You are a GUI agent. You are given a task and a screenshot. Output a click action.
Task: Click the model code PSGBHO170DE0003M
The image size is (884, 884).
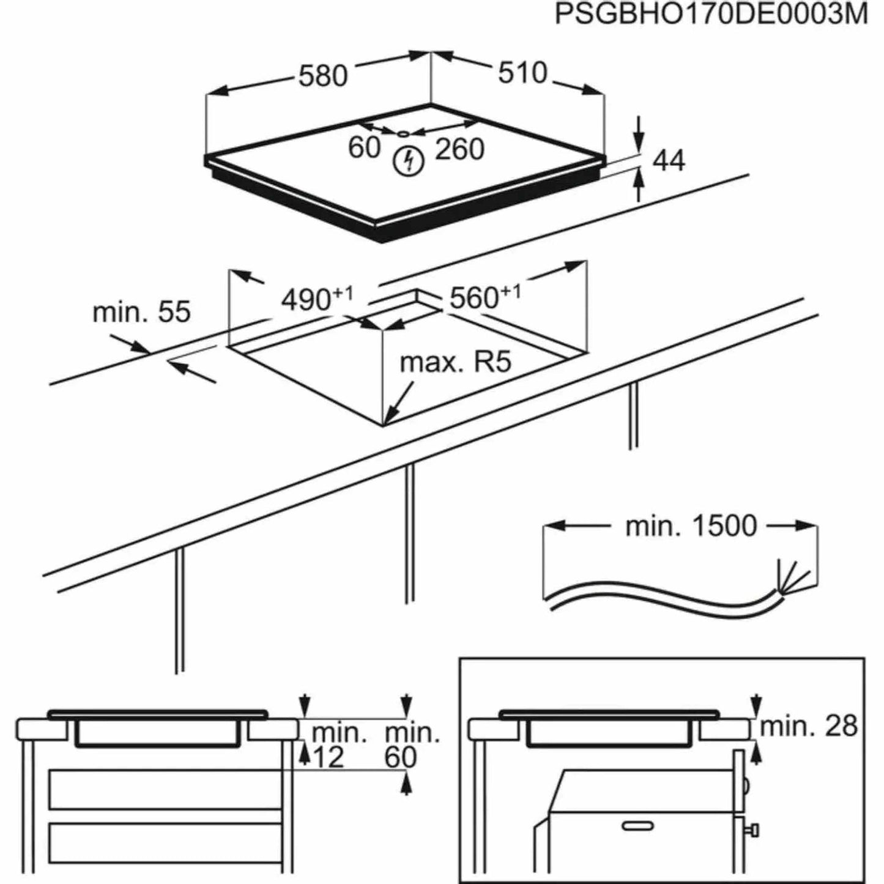click(711, 15)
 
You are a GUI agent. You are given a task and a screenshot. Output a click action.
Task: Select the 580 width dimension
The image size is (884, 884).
click(323, 76)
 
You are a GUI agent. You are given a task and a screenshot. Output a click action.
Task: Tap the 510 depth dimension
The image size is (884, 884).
click(522, 73)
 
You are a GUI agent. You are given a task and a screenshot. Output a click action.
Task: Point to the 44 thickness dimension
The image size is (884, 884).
click(669, 160)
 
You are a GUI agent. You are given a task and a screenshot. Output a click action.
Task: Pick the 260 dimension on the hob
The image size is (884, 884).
click(459, 149)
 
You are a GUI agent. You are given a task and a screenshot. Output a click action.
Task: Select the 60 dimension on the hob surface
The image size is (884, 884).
click(364, 147)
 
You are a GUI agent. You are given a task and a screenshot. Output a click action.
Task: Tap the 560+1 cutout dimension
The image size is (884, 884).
click(485, 297)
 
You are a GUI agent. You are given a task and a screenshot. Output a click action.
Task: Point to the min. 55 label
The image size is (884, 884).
click(141, 312)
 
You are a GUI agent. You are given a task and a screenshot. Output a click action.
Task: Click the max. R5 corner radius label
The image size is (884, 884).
click(455, 363)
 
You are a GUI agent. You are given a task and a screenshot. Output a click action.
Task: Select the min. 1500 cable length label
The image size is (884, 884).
click(691, 526)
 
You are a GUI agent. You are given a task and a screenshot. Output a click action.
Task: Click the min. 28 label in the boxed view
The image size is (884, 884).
click(808, 726)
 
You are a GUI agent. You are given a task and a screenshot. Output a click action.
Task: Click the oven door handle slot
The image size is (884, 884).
click(637, 826)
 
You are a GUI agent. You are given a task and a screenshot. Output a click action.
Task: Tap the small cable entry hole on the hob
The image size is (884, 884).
click(403, 132)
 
